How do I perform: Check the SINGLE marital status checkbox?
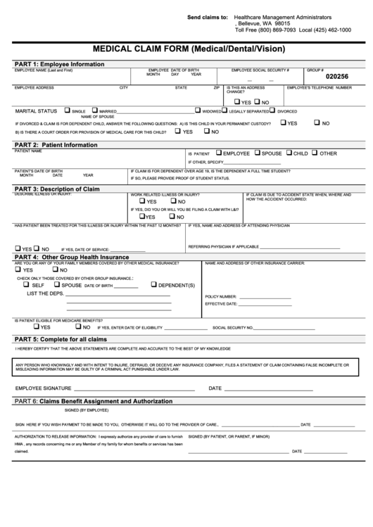[67, 110]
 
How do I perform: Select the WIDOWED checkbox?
[198, 110]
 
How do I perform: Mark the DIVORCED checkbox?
[273, 110]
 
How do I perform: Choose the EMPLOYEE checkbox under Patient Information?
[219, 152]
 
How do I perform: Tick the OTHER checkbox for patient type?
[315, 152]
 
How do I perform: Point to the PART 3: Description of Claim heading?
[57, 189]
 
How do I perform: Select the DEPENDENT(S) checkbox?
[153, 284]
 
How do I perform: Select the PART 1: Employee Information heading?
[59, 63]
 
